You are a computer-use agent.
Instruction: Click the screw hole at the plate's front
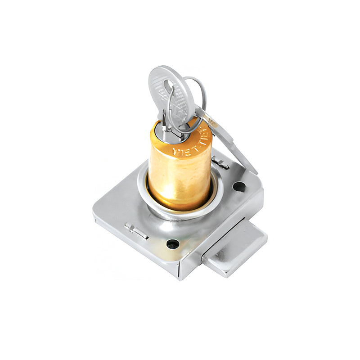(172, 244)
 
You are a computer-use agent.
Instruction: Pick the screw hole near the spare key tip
(239, 185)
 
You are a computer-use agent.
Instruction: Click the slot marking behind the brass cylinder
(220, 162)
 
